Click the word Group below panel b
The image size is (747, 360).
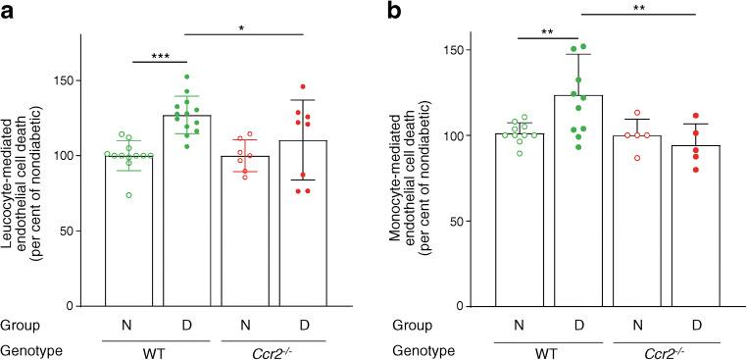(415, 325)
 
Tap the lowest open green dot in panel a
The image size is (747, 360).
(128, 195)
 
